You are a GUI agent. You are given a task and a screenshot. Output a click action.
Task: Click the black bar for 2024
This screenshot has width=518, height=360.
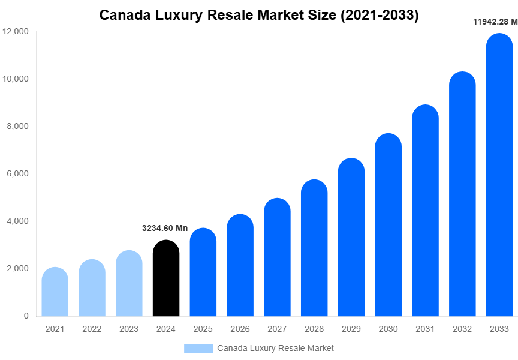coord(166,279)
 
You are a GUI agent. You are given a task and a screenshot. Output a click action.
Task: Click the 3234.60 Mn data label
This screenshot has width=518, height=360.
coord(165,228)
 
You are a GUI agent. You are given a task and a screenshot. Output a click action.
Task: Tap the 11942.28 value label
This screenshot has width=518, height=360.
coord(495,22)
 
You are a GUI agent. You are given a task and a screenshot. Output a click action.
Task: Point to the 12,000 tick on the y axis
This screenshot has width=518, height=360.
coord(16,31)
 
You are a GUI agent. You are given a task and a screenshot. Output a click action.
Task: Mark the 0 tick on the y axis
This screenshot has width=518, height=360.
coord(26,316)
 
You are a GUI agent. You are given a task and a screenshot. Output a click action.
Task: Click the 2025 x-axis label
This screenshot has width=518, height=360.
coord(203,329)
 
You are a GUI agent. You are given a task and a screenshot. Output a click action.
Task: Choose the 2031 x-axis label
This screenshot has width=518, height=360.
coord(425,329)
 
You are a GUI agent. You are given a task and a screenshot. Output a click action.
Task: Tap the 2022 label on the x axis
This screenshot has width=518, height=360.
coord(92,329)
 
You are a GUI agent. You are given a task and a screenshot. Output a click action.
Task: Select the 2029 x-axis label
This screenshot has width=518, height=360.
coord(351,329)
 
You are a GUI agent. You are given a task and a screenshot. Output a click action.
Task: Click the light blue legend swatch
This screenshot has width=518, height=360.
coord(198,348)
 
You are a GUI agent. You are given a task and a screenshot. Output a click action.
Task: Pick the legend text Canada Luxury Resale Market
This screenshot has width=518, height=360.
coord(275,348)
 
